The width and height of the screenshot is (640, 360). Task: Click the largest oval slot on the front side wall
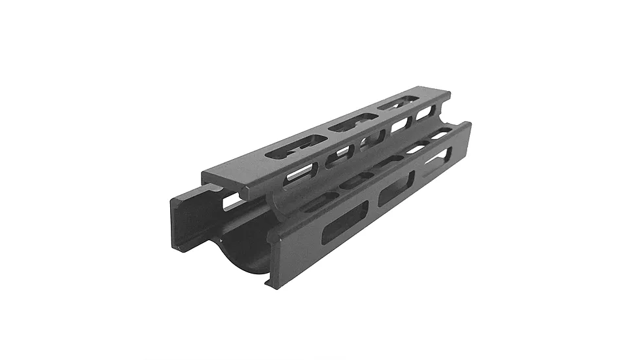345,223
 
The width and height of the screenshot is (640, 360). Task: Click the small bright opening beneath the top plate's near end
230,203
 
